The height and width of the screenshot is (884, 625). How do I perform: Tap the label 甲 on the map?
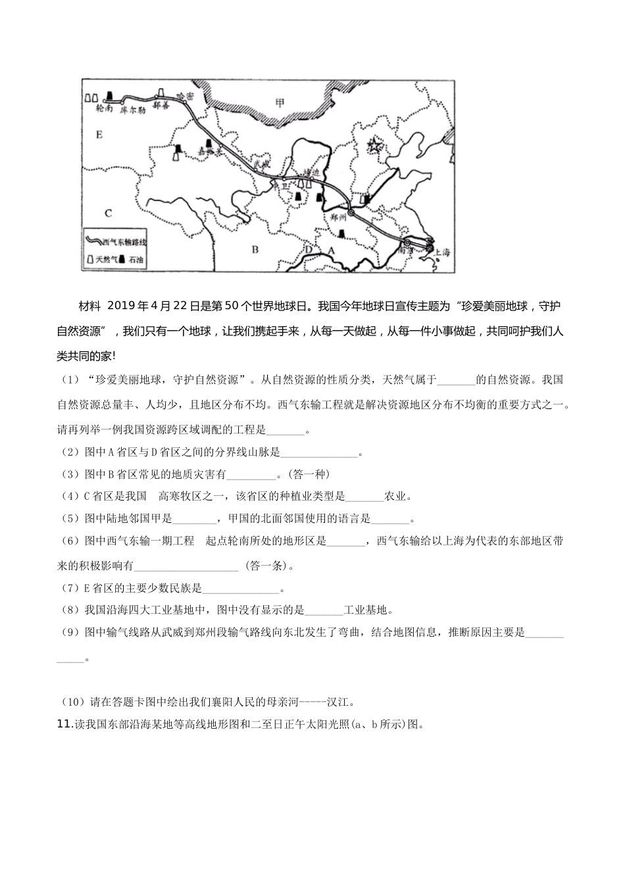pyautogui.click(x=281, y=102)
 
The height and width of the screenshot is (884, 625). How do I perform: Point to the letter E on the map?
pyautogui.click(x=99, y=135)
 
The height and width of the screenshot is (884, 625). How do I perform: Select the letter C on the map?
pyautogui.click(x=109, y=213)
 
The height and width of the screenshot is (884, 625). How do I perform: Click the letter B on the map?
pyautogui.click(x=255, y=249)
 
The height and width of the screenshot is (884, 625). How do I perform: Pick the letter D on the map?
pyautogui.click(x=308, y=250)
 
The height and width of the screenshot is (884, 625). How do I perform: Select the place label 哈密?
pyautogui.click(x=186, y=96)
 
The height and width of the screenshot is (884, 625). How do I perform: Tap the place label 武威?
pyautogui.click(x=262, y=163)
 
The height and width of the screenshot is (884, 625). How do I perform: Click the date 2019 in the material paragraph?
pyautogui.click(x=120, y=307)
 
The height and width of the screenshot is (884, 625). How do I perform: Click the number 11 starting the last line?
pyautogui.click(x=64, y=725)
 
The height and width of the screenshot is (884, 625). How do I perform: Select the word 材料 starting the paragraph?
pyautogui.click(x=90, y=307)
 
